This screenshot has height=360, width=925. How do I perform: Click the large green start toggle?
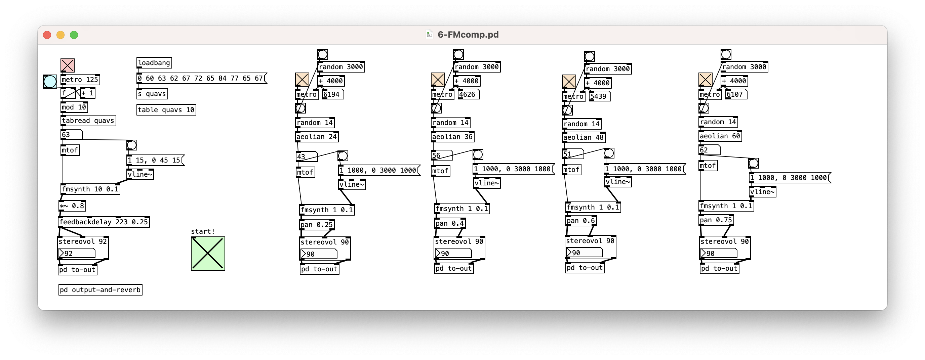(208, 254)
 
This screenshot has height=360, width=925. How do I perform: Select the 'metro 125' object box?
(80, 80)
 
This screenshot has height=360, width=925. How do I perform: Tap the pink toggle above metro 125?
(68, 65)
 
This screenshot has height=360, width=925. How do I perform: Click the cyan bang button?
(50, 82)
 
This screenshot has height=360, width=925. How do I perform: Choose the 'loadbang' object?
(154, 63)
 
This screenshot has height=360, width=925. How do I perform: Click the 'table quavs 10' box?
(166, 110)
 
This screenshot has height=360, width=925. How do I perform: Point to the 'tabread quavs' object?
(88, 121)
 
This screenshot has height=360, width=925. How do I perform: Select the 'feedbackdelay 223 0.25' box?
(104, 222)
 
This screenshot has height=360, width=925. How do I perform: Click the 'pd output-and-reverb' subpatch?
(100, 290)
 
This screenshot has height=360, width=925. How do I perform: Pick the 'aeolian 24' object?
(317, 137)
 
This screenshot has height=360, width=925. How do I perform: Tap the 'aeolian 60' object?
(720, 136)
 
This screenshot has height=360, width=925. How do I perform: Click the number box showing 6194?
(332, 94)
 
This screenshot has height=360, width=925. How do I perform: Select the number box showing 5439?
(599, 96)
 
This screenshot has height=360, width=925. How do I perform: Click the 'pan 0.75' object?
(716, 220)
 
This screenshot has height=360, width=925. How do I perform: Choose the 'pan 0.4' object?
(450, 223)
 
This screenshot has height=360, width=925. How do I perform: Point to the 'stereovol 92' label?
(83, 241)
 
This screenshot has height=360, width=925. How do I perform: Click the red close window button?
(47, 35)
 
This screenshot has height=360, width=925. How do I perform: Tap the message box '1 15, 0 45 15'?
(155, 160)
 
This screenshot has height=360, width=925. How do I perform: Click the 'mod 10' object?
(74, 107)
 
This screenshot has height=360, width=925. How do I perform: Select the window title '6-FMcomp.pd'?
(468, 35)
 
